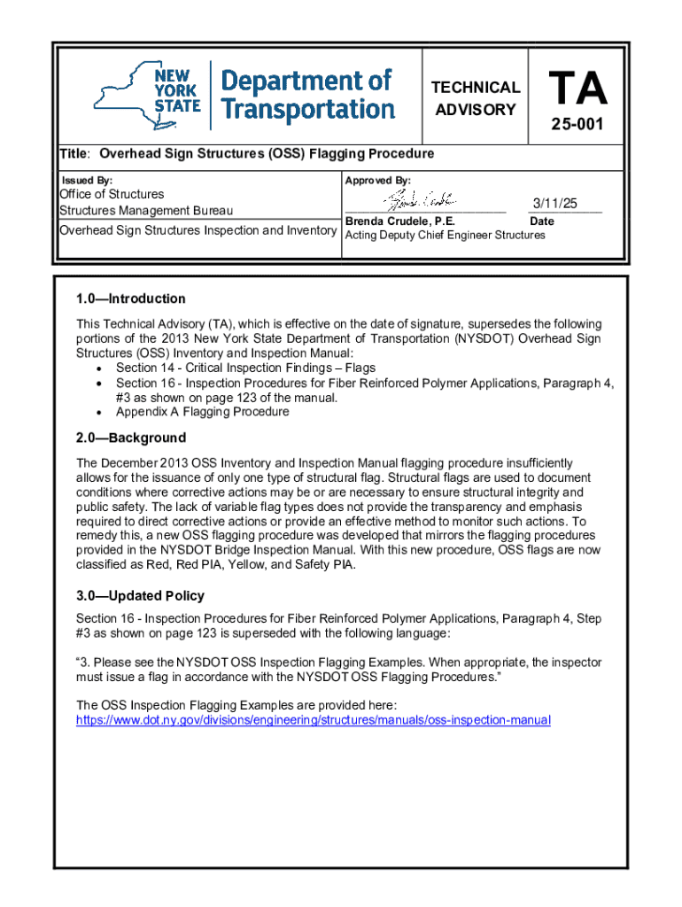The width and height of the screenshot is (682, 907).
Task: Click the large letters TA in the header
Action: pos(577,88)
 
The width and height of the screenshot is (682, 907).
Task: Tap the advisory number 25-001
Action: pos(577,125)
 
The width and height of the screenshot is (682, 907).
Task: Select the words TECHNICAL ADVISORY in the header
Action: pos(475,98)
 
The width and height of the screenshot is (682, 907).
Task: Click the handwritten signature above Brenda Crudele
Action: pos(415,200)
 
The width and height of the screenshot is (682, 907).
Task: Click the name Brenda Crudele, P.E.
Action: pos(399,221)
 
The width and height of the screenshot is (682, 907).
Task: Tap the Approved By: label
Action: pos(377,181)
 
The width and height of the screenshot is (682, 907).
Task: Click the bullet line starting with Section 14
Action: pos(245,368)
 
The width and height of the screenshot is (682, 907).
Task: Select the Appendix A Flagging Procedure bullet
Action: pos(202,412)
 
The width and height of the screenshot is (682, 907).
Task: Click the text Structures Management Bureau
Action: pos(146,211)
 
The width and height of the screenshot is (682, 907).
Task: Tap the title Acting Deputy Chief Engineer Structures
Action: pos(445,236)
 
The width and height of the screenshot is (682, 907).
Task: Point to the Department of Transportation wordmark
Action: pos(306,95)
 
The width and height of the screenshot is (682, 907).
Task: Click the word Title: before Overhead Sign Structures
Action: pos(76,153)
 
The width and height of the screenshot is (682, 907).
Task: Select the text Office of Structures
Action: pos(112,194)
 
